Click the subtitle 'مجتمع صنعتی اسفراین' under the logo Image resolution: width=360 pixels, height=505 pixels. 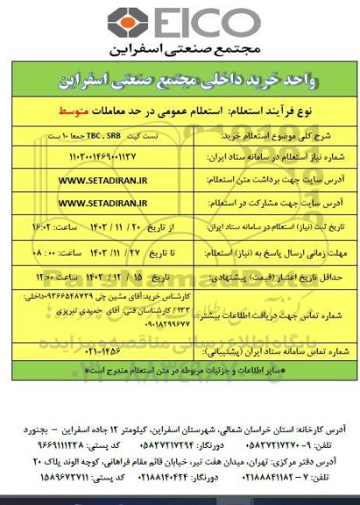click(x=179, y=48)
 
